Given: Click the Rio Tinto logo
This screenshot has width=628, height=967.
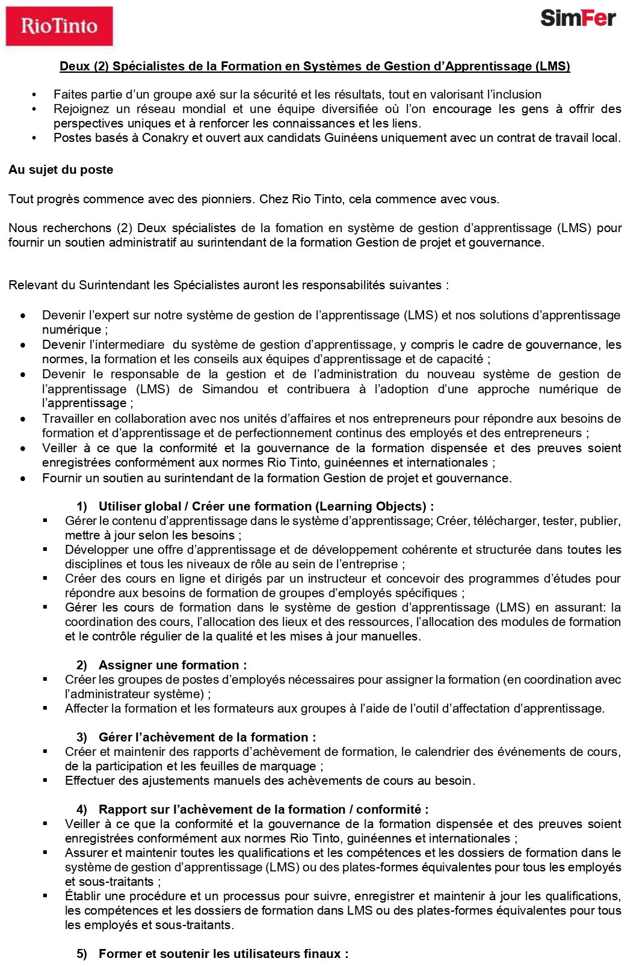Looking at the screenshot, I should tap(59, 26).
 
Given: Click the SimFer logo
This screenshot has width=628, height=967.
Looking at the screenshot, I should tap(577, 17).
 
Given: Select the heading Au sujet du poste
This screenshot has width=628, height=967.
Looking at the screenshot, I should tap(61, 170).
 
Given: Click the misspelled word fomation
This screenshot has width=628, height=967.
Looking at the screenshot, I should tap(299, 228).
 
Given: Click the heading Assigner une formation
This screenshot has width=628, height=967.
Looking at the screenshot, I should tap(172, 665).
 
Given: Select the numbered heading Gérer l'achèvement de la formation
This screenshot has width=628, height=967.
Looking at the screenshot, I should tap(207, 737).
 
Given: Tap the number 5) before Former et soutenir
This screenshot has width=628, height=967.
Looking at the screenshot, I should tap(82, 954).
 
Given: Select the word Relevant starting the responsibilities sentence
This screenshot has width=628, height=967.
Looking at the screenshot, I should tap(32, 285).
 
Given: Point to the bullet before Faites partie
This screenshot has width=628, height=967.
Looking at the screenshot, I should tap(34, 94).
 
